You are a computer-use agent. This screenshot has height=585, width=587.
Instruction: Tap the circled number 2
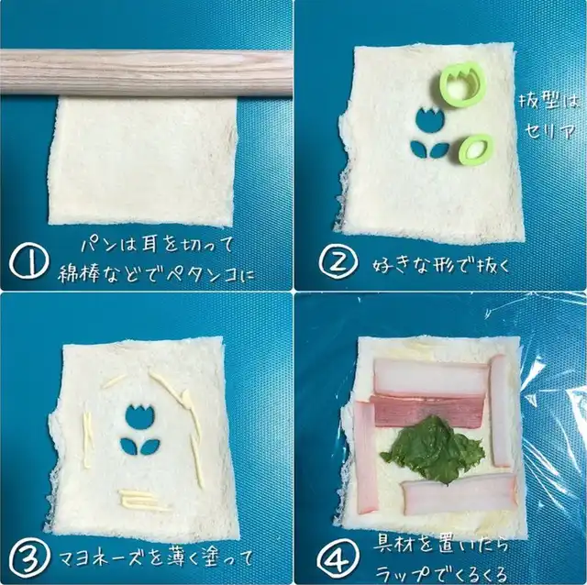pyautogui.click(x=338, y=261)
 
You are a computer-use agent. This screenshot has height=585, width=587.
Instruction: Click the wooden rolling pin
pyautogui.click(x=146, y=72)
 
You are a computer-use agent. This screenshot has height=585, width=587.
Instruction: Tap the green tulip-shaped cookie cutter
pyautogui.click(x=456, y=82)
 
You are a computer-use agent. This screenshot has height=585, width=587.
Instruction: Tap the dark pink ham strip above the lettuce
pyautogui.click(x=426, y=411)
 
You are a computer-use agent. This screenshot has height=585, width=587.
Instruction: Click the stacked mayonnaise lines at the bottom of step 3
pyautogui.click(x=144, y=499)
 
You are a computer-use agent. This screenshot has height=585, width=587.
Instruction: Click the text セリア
pyautogui.click(x=549, y=130)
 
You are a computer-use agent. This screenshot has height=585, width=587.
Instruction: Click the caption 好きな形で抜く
pyautogui.click(x=440, y=265)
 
